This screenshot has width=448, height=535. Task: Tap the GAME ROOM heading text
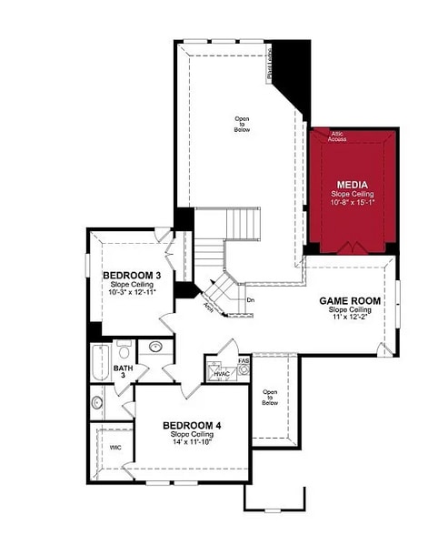point(349,300)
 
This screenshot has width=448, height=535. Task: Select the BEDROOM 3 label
point(132,276)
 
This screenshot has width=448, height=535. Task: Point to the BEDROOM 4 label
point(192,425)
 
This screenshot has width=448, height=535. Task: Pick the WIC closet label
point(114,448)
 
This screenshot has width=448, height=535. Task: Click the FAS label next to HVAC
point(243,360)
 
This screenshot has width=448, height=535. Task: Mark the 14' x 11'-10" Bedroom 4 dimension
point(192,443)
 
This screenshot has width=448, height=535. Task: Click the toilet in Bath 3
point(124,349)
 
